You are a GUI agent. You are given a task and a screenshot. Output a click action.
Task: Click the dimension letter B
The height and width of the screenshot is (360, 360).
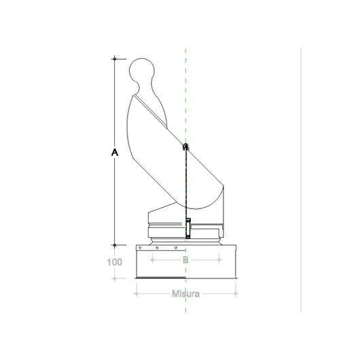coord(185,259)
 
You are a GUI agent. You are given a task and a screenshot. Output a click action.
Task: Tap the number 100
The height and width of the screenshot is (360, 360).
coord(114,262)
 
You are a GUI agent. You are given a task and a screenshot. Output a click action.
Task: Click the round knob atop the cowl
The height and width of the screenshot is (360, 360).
coord(143,72)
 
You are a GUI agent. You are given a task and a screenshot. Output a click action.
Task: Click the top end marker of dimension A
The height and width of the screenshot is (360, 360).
coord(115,59)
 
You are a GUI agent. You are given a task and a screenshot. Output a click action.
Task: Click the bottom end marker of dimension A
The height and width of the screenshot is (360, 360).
coord(115,245)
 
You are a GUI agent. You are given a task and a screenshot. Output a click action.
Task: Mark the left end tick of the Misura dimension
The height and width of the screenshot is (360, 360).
coord(136,293)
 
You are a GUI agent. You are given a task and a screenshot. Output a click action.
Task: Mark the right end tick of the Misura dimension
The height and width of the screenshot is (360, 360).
coord(236,293)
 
